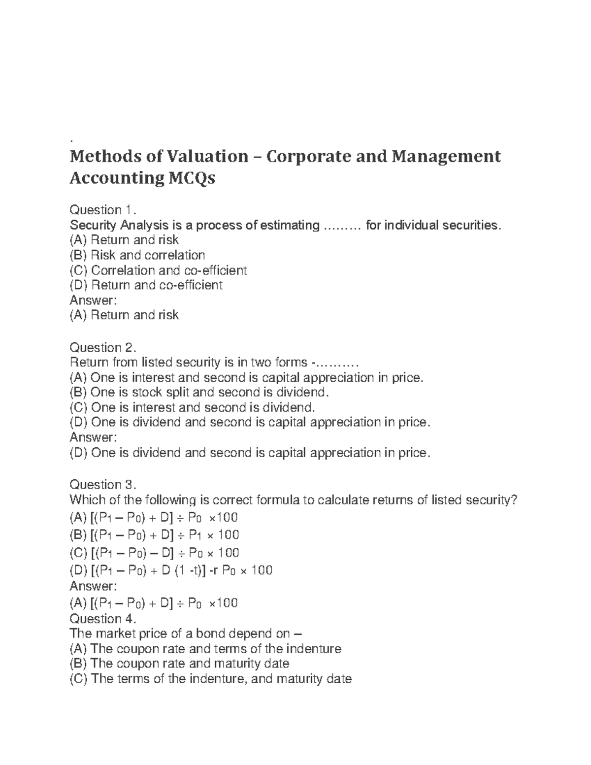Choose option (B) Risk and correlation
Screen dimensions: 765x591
[137, 255]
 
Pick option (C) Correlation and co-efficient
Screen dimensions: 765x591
[158, 270]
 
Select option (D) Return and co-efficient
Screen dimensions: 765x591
[146, 285]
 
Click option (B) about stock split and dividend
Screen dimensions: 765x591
[198, 393]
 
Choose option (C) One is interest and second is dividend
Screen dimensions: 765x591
[192, 407]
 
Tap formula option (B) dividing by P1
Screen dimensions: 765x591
[154, 535]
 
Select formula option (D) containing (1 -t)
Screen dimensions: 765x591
[171, 570]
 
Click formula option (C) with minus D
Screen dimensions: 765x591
[154, 553]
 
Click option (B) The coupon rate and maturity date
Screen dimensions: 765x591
[179, 664]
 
